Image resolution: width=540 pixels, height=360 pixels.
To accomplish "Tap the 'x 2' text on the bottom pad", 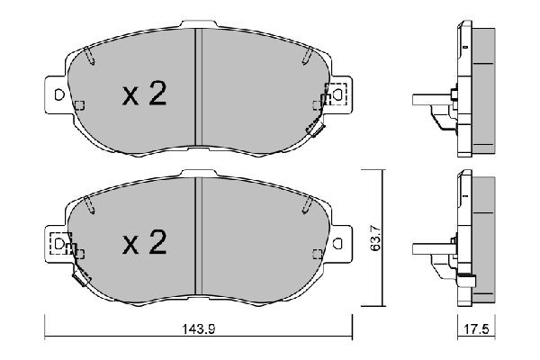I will point(144,244).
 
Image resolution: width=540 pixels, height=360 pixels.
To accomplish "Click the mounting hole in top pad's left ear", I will point(58,94).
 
